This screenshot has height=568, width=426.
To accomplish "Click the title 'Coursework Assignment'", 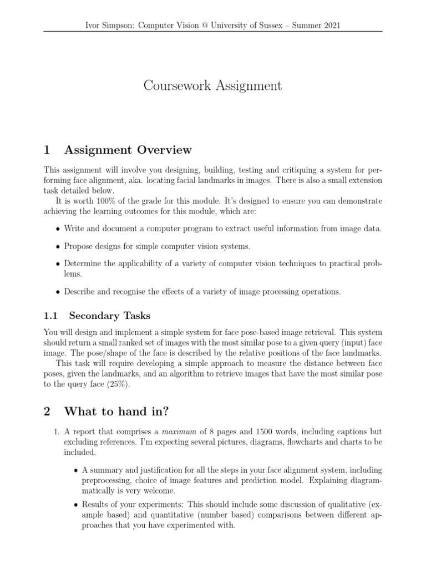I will click(x=212, y=86).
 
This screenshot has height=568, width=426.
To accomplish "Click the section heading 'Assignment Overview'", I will click(x=128, y=150).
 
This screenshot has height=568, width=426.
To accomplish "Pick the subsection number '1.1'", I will click(x=51, y=316).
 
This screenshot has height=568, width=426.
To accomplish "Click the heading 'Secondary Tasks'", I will click(x=109, y=316).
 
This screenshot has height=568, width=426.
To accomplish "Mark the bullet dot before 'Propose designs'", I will click(x=59, y=247).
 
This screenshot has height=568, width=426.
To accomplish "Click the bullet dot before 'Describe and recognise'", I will click(x=59, y=292).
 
